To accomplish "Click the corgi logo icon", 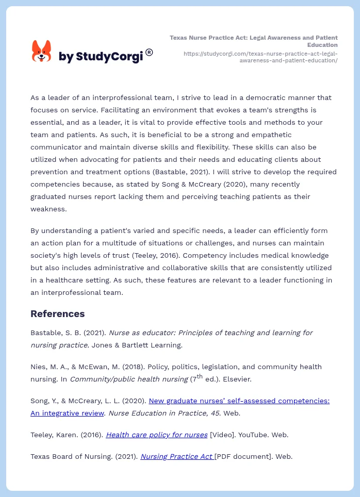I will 42,52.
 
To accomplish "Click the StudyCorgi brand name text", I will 101,57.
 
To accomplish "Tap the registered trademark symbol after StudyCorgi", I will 149,52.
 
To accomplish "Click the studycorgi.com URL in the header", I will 260,57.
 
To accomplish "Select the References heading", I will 57,313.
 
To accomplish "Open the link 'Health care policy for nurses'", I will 156,435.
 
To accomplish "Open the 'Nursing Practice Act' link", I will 176,456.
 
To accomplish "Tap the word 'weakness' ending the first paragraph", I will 49,209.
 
